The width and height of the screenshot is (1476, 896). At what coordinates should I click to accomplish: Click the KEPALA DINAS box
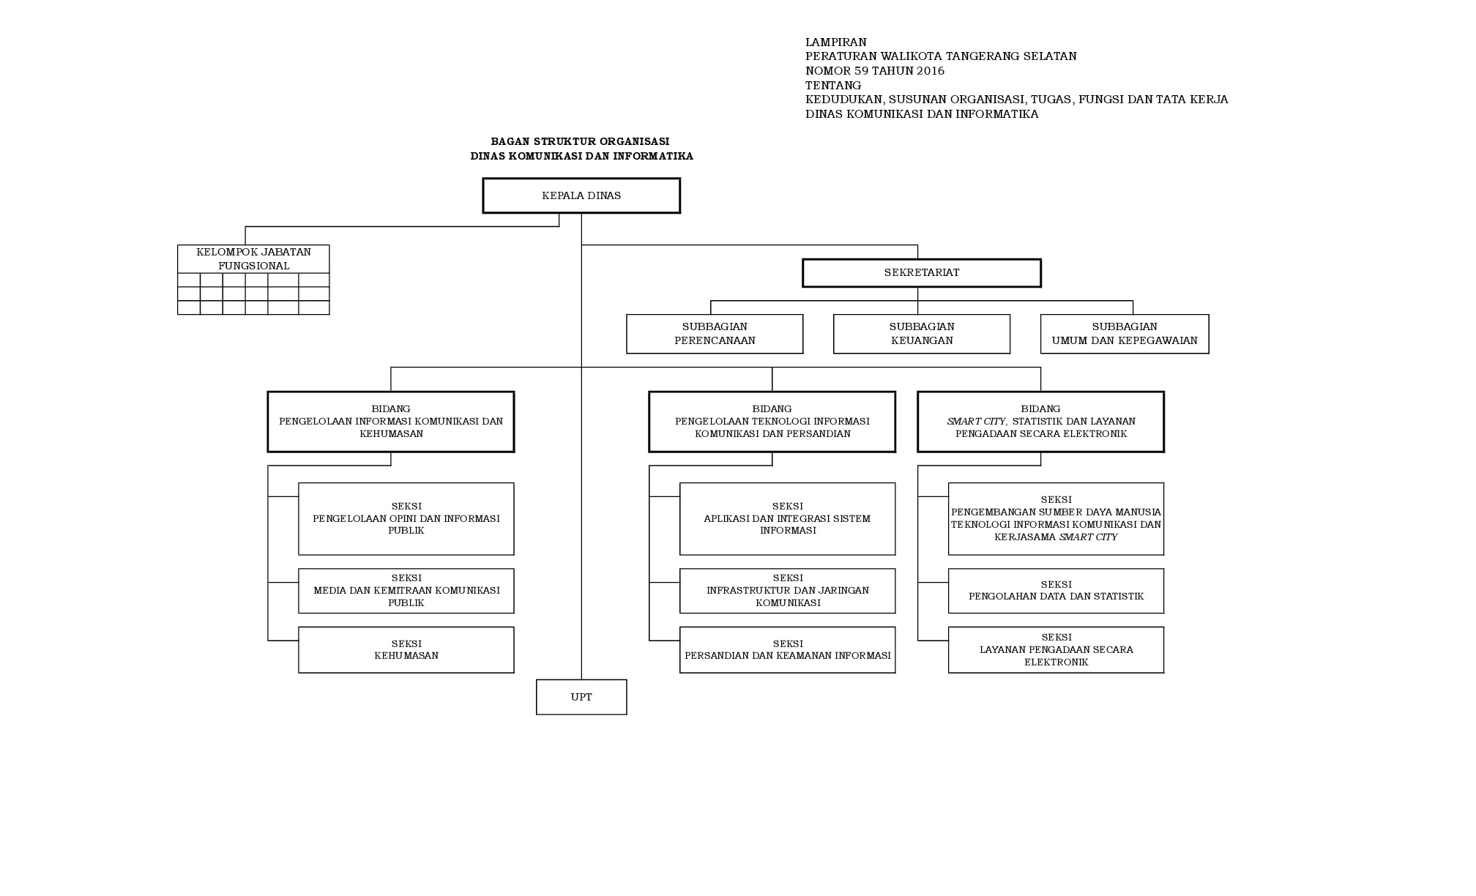(581, 195)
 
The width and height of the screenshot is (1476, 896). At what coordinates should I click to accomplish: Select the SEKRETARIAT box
(922, 272)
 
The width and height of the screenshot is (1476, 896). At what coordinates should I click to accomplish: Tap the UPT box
(581, 697)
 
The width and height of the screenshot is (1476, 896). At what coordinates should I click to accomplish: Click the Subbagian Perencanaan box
(715, 334)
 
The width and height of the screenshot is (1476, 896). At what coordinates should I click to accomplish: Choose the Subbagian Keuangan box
(922, 334)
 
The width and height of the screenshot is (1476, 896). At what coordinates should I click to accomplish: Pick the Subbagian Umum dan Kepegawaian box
(1125, 334)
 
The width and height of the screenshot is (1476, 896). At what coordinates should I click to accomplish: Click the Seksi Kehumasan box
(406, 649)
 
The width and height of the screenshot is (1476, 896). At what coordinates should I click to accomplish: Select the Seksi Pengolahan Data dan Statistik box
(1056, 591)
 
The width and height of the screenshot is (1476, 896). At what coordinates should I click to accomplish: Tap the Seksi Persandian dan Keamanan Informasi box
(788, 649)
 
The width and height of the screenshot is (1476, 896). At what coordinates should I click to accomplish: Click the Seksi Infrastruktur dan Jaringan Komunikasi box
(788, 591)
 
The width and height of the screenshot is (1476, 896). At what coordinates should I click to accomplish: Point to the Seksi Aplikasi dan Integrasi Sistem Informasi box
(788, 518)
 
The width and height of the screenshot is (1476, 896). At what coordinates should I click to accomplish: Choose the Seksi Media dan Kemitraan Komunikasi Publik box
(406, 591)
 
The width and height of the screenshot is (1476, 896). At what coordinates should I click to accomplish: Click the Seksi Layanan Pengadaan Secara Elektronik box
(1056, 649)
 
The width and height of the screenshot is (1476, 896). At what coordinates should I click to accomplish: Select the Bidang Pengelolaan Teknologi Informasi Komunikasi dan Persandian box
(772, 422)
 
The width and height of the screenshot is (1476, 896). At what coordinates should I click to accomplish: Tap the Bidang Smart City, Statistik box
(1040, 422)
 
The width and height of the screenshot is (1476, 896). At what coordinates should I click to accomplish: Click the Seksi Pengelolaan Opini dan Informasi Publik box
(406, 518)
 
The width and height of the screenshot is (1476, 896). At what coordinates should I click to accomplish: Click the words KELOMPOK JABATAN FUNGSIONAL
(253, 259)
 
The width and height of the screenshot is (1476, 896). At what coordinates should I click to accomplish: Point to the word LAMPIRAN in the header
(836, 42)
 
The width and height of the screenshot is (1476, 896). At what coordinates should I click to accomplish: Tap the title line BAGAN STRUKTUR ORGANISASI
(580, 141)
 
